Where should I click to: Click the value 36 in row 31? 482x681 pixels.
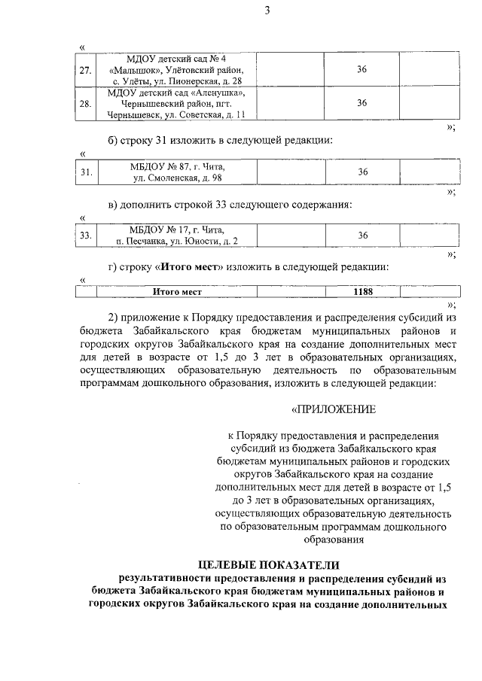point(362,172)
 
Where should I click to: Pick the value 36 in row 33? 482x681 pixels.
point(362,236)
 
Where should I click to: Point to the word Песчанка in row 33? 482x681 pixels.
point(154,242)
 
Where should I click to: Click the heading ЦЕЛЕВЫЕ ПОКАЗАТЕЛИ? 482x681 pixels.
point(269,564)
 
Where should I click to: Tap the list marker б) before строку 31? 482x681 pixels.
point(114,141)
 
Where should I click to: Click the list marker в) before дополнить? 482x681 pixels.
point(114,205)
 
